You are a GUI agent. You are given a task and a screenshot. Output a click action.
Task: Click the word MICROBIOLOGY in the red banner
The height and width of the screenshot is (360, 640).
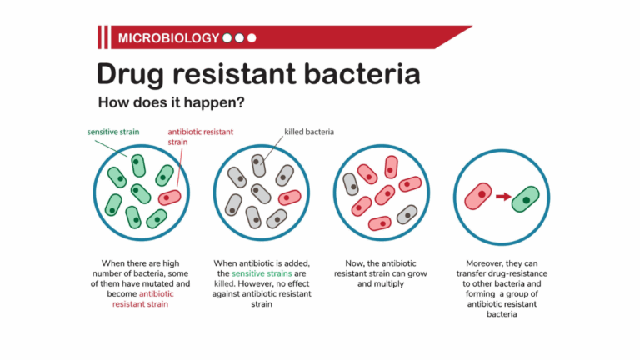(x=169, y=38)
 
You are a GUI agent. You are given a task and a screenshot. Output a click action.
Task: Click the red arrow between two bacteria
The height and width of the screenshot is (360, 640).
(x=502, y=197)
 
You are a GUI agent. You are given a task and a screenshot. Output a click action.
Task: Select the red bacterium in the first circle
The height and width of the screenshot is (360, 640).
(x=169, y=197)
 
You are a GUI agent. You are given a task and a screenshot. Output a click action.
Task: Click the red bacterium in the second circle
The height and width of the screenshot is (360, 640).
(x=289, y=197)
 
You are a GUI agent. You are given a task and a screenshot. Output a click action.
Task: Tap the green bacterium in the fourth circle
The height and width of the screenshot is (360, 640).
(x=526, y=199)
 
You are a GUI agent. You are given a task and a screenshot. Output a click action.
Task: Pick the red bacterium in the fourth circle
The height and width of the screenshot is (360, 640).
(x=478, y=196)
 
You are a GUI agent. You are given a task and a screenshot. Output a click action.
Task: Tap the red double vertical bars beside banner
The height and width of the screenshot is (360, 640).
(x=103, y=38)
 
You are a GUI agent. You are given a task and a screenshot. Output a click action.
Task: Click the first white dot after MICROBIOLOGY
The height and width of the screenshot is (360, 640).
(x=227, y=38)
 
